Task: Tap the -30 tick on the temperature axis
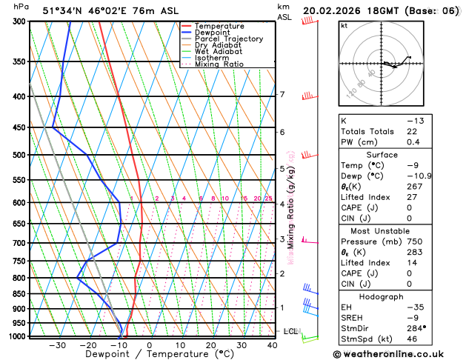(58, 344)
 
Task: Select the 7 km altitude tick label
(282, 95)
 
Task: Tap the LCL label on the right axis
(290, 331)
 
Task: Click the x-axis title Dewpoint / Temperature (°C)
(150, 354)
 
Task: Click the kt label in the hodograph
(344, 25)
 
